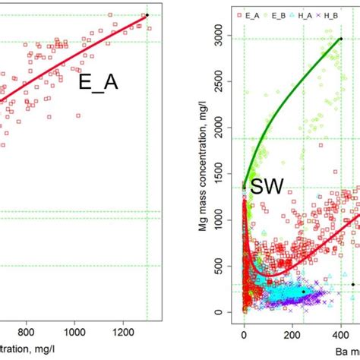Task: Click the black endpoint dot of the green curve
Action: click(x=340, y=38)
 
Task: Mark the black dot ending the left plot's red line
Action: click(x=147, y=15)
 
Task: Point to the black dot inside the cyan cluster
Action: click(x=303, y=292)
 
